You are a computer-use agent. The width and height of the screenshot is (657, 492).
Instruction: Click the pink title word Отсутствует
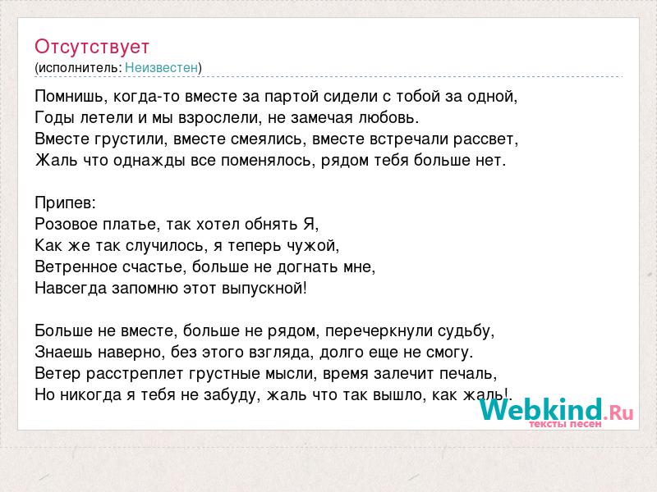pos(92,47)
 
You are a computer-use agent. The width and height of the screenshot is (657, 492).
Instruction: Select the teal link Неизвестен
pos(161,67)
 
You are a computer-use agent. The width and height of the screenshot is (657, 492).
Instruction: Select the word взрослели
pos(218,118)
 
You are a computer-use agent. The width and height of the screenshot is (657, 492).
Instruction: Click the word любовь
pos(388,118)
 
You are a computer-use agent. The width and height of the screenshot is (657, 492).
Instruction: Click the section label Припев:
pos(66,203)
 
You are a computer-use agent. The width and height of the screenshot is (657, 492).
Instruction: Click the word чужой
pos(313,246)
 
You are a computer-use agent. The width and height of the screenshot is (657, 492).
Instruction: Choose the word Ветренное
pos(76,267)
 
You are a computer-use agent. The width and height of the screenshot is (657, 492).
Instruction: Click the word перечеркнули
pos(379,331)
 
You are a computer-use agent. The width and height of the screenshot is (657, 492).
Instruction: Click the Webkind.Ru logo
pos(557,410)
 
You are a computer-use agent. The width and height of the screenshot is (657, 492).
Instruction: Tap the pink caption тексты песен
pos(565,424)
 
